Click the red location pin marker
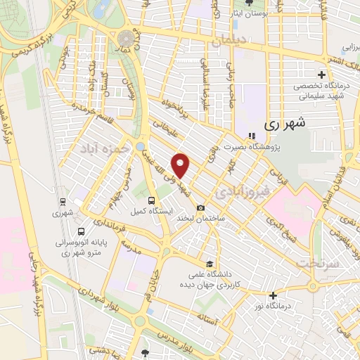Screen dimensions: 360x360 [181, 165]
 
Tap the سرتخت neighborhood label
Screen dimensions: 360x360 [319, 262]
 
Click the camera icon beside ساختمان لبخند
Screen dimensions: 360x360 [202, 207]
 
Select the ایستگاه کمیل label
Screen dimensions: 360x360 [148, 210]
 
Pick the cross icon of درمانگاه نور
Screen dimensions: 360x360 [273, 295]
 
